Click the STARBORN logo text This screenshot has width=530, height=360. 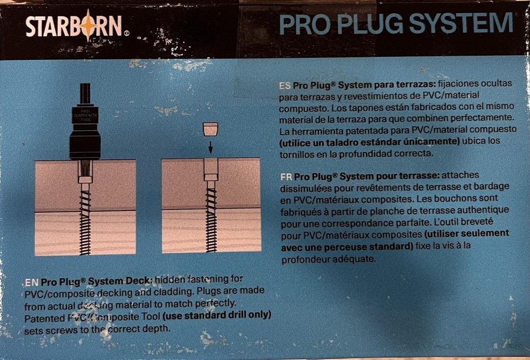(x=74, y=26)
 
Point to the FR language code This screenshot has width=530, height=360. (x=286, y=177)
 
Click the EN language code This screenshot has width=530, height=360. (x=31, y=282)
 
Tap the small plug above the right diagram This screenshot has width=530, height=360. (x=210, y=129)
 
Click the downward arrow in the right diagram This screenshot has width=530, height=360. (x=210, y=146)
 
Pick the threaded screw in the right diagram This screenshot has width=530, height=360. (x=211, y=217)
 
